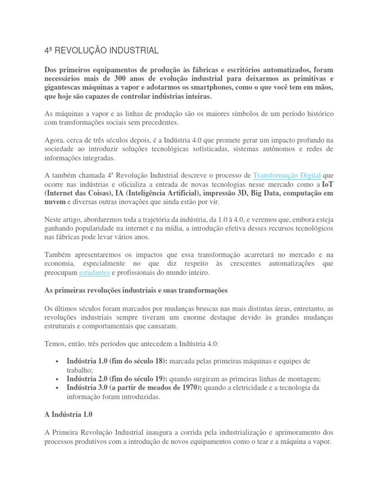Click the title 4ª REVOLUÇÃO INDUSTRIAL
[101, 51]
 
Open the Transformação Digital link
[287, 175]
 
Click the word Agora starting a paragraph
[55, 140]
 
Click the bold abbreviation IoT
[327, 184]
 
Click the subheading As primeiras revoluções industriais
[136, 290]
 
